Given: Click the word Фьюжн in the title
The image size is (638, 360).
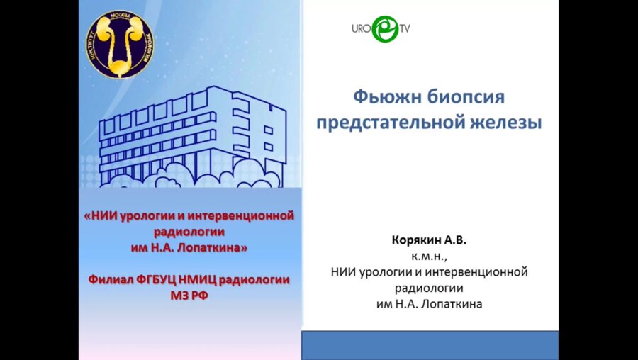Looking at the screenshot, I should tap(383, 97).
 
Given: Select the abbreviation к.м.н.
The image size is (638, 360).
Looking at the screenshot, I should tap(430, 256).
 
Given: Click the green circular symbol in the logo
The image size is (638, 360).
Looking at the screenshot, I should tap(386, 29).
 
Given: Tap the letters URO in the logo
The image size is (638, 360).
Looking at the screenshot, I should tap(362, 29).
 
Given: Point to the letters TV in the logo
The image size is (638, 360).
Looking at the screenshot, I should tap(405, 29).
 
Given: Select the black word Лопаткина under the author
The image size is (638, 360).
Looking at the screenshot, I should tap(454, 303).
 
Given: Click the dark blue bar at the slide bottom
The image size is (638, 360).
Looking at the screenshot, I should tap(430, 345).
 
